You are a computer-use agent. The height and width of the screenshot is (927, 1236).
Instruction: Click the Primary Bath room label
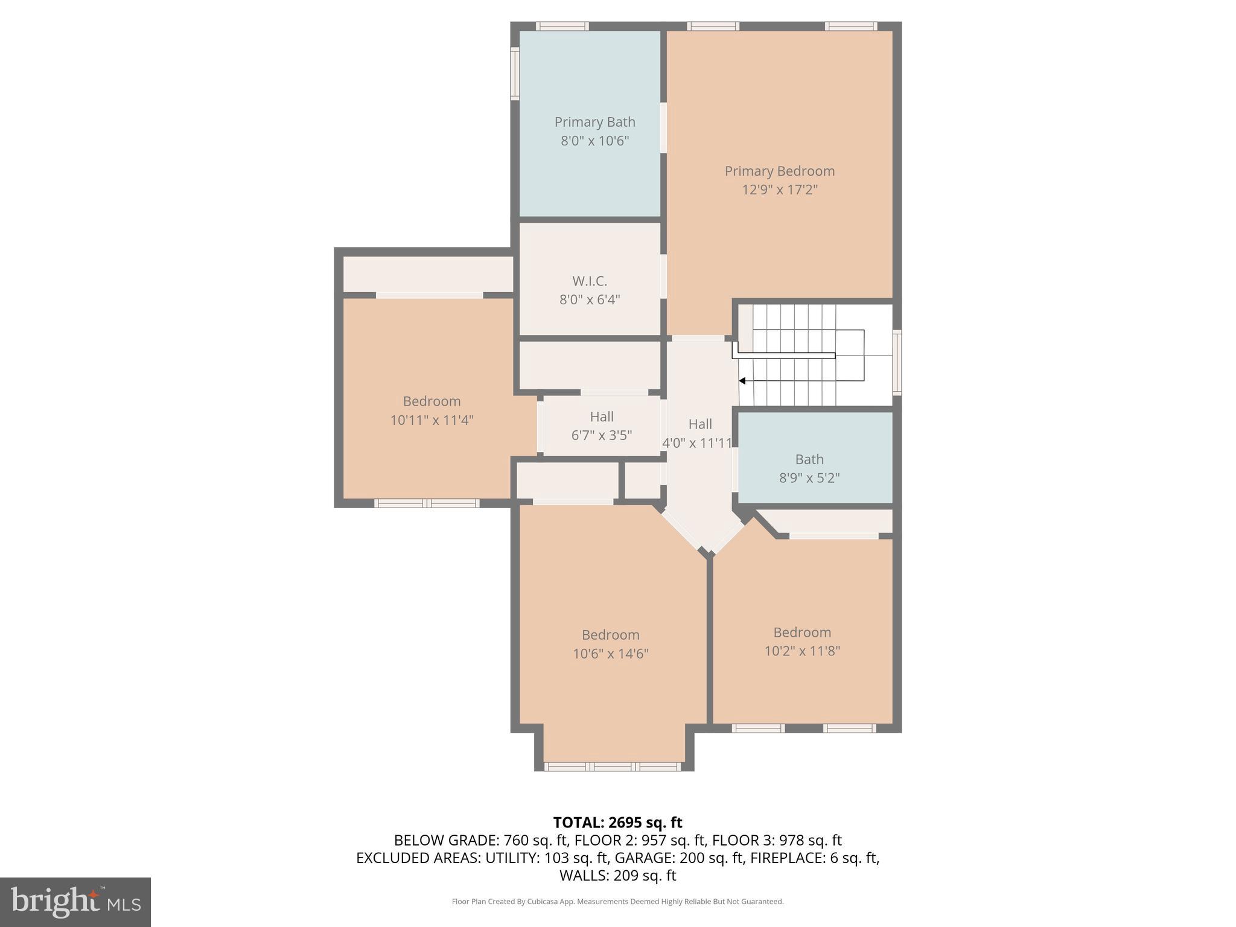[x=594, y=122]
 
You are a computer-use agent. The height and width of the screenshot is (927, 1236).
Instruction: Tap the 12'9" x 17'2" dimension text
[x=779, y=190]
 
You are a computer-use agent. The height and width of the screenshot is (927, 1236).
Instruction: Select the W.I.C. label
[x=589, y=281]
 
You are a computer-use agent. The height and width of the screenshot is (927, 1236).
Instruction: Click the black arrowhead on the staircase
[x=742, y=381]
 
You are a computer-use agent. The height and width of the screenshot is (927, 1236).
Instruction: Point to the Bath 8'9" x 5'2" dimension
[x=809, y=478]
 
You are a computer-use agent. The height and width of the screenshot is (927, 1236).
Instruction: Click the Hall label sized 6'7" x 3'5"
[x=601, y=417]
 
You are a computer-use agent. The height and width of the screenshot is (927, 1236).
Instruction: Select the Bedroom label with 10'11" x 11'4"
[x=432, y=401]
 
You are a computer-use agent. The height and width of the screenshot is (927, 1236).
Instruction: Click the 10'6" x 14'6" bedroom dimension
[x=610, y=654]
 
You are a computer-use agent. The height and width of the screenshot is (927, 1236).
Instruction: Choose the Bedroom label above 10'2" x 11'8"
[x=801, y=632]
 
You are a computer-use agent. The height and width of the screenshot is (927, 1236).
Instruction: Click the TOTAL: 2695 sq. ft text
[x=617, y=823]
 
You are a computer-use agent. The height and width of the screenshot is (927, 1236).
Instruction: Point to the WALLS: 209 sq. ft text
[x=617, y=876]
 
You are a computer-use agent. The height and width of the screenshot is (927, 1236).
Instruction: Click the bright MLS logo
[x=75, y=902]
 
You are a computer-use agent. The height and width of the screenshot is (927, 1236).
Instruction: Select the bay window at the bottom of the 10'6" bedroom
[x=613, y=766]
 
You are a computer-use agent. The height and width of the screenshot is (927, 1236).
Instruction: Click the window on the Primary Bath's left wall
[x=515, y=74]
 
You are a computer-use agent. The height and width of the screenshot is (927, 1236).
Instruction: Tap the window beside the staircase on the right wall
[x=897, y=362]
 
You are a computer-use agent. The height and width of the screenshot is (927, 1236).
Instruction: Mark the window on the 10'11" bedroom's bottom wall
[x=427, y=503]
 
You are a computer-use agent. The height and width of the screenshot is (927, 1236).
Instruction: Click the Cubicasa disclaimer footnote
[x=617, y=902]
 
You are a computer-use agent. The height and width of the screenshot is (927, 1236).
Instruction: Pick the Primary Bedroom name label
[x=779, y=171]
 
